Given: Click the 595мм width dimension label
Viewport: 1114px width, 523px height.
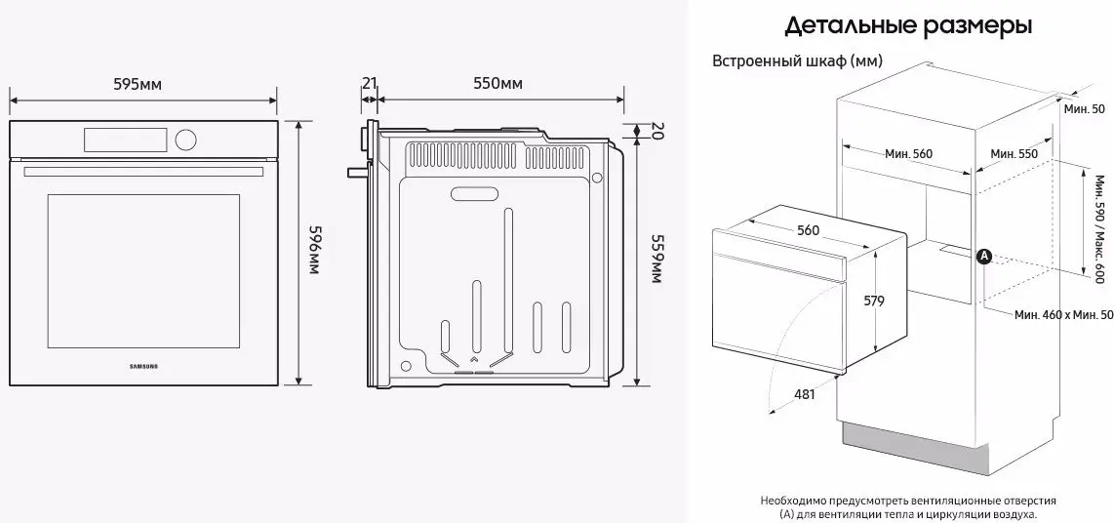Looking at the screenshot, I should point(138,84).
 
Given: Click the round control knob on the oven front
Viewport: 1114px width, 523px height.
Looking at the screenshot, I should point(186,140).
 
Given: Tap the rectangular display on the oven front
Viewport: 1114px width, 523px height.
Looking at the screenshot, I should point(126,140).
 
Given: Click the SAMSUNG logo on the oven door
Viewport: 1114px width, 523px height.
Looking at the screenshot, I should point(143,367).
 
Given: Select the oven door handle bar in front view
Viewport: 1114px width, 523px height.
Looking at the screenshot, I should point(143,172).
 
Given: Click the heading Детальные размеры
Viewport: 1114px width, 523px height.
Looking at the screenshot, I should point(909,24).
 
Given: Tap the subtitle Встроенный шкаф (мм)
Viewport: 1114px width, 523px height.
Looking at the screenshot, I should point(799,60).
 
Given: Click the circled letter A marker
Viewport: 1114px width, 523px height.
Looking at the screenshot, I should point(984,256).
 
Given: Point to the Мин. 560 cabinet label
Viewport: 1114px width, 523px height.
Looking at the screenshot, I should point(909,153).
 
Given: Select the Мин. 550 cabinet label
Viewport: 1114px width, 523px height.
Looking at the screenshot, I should point(1013,153).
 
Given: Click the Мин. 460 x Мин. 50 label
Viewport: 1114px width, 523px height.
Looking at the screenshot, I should point(1062,315).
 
